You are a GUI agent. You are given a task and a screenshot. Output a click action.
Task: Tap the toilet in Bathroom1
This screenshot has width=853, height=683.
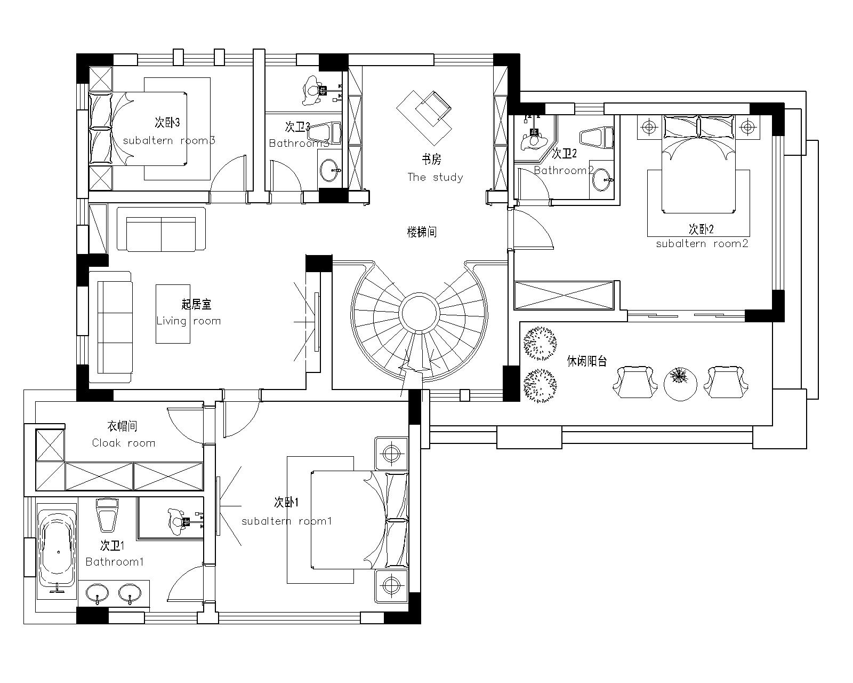click(107, 515)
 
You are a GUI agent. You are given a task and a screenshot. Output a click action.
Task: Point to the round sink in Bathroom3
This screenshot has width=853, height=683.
click(330, 170)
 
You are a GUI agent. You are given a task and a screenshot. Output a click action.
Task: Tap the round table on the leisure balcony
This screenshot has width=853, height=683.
click(680, 384)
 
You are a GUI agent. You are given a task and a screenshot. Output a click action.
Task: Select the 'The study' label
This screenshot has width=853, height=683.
click(435, 177)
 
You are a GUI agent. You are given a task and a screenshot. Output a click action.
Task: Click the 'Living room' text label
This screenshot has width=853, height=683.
click(188, 321)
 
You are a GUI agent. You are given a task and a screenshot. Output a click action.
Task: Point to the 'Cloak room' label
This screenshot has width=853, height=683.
click(124, 443)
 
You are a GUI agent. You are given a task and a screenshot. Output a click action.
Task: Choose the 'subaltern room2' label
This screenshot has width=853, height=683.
click(702, 244)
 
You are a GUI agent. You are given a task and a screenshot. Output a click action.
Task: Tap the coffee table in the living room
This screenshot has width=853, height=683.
click(173, 314)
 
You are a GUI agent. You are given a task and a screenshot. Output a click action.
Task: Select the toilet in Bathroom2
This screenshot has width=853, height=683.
click(597, 138)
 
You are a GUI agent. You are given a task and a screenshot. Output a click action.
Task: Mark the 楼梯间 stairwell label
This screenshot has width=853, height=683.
click(422, 232)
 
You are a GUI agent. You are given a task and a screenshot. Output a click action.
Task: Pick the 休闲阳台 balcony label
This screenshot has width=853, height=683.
click(587, 361)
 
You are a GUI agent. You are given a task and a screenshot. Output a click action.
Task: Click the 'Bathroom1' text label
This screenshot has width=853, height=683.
click(115, 561)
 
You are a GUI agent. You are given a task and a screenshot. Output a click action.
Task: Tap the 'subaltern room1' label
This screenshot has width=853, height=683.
click(287, 521)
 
